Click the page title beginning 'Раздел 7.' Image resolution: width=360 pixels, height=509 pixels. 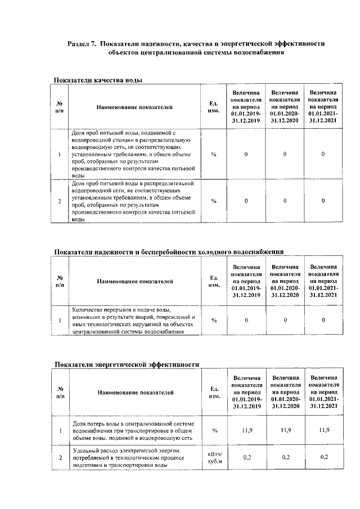(x=196, y=48)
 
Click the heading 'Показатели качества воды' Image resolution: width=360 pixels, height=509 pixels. (x=97, y=80)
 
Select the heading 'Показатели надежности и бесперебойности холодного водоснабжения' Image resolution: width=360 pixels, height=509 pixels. (x=168, y=251)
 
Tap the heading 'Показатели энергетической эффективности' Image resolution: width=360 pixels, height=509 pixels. (x=127, y=364)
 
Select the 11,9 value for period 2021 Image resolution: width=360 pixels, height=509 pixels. (x=323, y=430)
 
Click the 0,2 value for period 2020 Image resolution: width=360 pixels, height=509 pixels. (x=285, y=458)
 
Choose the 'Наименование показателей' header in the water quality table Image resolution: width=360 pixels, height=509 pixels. (x=134, y=106)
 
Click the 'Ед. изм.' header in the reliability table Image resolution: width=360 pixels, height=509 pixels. (x=214, y=281)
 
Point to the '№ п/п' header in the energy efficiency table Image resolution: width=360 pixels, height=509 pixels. (x=60, y=393)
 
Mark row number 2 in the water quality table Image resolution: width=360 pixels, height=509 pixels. (x=60, y=201)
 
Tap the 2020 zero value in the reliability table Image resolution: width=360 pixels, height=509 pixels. (x=285, y=321)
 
